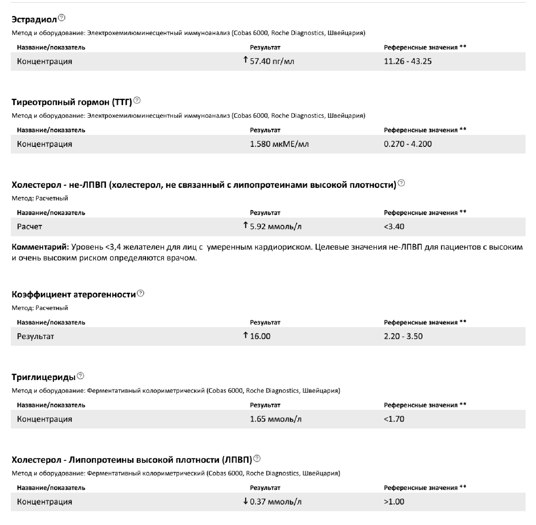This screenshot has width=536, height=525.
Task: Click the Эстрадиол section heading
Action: [x=34, y=19]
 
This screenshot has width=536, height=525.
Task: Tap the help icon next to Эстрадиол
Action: [x=62, y=18]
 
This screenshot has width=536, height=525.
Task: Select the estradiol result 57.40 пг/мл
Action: [x=272, y=61]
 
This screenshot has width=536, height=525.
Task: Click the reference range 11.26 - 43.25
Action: [x=408, y=61]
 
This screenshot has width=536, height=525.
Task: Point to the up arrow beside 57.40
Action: [x=245, y=60]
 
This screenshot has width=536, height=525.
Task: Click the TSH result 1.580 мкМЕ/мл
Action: [x=279, y=144]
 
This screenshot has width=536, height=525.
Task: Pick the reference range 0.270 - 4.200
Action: [x=408, y=144]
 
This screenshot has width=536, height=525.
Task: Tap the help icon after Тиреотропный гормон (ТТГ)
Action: [x=137, y=100]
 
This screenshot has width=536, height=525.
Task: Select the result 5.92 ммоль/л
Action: [x=275, y=227]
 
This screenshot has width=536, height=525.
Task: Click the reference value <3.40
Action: [x=394, y=227]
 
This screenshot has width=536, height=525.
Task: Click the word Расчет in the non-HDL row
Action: [x=29, y=227]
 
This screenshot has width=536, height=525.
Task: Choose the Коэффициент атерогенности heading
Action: [x=74, y=295]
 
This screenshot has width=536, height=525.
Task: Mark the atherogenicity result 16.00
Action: [x=260, y=336]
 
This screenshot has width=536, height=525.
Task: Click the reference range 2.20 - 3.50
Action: [x=403, y=336]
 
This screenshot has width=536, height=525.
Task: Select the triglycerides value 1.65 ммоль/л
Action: [x=275, y=419]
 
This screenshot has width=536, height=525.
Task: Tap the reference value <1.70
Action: [x=394, y=419]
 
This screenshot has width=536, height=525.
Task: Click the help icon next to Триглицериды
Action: [x=80, y=376]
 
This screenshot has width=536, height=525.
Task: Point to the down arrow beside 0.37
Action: [x=245, y=501]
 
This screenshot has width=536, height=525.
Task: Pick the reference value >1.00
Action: [x=394, y=502]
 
